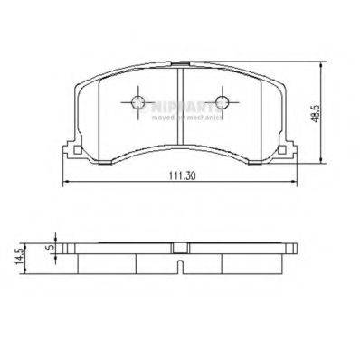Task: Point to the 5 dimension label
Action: click(x=52, y=243)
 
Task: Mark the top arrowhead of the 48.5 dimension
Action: click(x=323, y=65)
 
